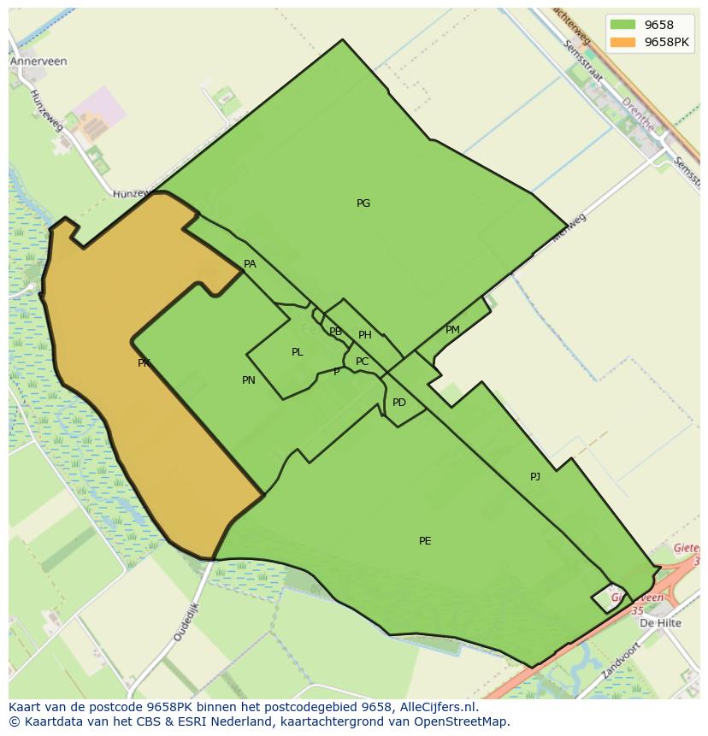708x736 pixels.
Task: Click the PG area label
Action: [363, 203]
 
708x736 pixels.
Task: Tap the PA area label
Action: [250, 264]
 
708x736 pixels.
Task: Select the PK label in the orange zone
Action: [144, 363]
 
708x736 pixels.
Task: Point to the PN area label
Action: [248, 380]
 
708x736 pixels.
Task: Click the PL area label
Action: [297, 352]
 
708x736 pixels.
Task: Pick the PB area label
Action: [335, 332]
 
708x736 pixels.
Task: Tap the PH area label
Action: [365, 335]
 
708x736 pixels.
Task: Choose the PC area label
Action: [362, 362]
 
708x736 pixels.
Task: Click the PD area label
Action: [398, 403]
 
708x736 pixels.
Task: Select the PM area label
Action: [452, 330]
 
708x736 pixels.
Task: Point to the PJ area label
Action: [535, 477]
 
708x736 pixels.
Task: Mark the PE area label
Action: [425, 541]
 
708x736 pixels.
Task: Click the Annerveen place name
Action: [38, 62]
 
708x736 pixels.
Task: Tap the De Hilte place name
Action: [661, 623]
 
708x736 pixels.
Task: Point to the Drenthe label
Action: [638, 114]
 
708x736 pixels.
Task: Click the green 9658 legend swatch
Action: [623, 25]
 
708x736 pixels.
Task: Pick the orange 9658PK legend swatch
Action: [623, 42]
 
